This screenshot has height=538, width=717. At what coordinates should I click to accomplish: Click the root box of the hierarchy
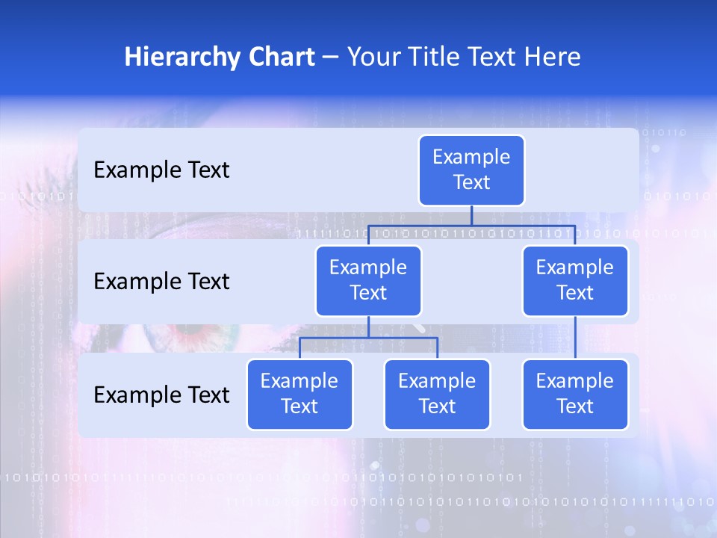pos(471,170)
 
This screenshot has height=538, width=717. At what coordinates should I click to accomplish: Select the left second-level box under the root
pos(368,280)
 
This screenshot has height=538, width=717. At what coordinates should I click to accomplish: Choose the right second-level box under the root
pos(575,280)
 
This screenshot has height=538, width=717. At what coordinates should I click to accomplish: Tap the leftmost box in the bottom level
pos(299,394)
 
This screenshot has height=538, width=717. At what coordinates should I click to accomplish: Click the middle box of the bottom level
pos(437,394)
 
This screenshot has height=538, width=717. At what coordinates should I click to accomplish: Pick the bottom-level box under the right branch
pos(575,394)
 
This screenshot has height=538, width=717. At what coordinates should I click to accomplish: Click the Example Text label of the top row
pos(161,170)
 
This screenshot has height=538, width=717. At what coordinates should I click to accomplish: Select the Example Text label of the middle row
pos(161,281)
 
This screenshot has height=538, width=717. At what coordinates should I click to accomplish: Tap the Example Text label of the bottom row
pos(161,395)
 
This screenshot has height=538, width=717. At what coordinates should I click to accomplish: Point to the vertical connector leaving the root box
pos(471,215)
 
